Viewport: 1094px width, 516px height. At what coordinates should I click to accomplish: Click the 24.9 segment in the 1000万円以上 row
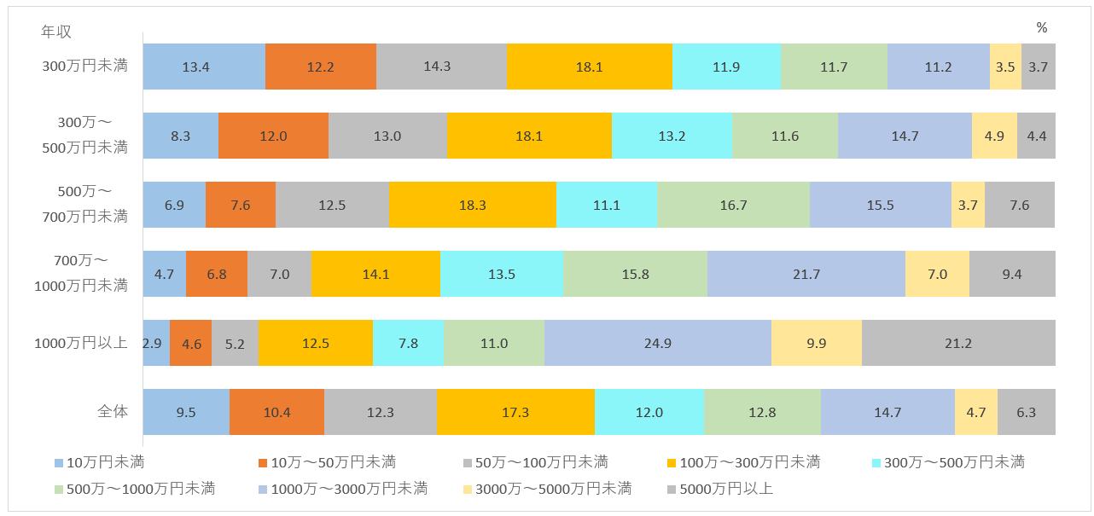point(658,343)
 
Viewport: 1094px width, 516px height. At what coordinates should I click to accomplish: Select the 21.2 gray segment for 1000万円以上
point(958,343)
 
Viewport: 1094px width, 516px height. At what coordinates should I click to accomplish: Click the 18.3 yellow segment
point(472,205)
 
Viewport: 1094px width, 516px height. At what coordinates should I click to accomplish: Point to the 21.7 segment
point(806,274)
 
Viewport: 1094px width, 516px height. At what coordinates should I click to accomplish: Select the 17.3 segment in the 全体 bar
point(515,412)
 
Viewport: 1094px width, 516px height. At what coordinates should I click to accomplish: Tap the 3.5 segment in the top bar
point(1005,67)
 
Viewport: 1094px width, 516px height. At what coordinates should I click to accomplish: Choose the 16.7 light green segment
point(733,205)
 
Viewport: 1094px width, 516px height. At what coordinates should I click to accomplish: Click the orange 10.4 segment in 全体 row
point(276,412)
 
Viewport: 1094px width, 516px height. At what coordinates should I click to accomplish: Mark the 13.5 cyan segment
point(501,274)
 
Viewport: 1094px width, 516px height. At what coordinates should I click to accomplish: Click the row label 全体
point(112,411)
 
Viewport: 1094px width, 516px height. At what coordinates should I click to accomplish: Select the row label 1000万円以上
point(81,343)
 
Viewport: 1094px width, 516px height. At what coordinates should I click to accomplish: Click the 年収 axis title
point(56,32)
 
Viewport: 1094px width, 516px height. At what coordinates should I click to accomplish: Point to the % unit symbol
point(1041,28)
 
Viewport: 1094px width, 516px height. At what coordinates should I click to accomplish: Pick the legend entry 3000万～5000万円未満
point(547,489)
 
